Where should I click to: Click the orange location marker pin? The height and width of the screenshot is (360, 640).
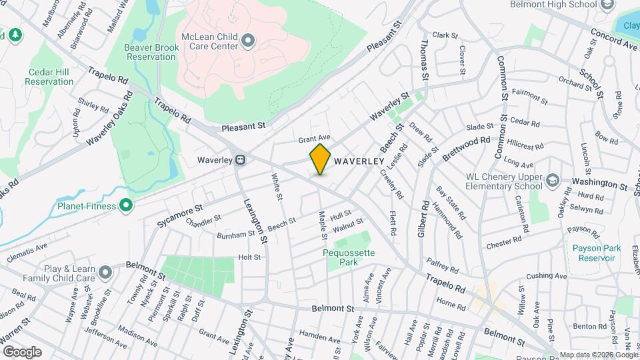[320, 159]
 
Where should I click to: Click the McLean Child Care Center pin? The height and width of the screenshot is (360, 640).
[248, 41]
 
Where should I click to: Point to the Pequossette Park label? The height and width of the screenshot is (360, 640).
[349, 257]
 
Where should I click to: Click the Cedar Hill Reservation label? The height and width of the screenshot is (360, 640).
[49, 77]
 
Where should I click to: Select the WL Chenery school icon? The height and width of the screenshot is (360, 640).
[553, 180]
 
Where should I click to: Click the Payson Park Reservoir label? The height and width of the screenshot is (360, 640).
[597, 253]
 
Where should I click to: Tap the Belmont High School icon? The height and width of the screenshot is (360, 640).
[607, 5]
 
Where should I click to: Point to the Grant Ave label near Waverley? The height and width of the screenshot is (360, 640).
[315, 139]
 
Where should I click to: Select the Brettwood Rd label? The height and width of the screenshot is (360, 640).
[466, 149]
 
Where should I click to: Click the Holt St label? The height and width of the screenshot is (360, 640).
[249, 257]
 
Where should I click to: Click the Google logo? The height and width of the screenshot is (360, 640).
[21, 351]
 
